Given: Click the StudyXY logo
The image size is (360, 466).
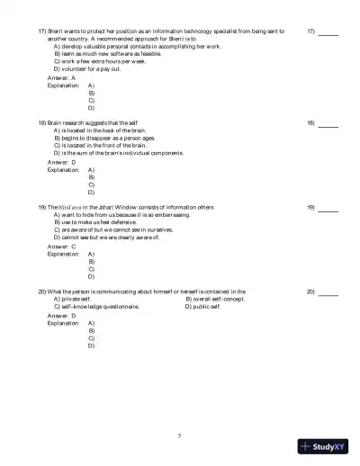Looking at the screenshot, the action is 328,444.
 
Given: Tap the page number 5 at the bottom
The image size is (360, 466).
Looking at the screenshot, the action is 180,435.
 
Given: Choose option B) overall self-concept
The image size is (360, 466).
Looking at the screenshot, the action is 215,300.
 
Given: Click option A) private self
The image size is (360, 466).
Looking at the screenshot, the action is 72,300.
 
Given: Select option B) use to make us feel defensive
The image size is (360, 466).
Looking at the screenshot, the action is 99,222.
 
